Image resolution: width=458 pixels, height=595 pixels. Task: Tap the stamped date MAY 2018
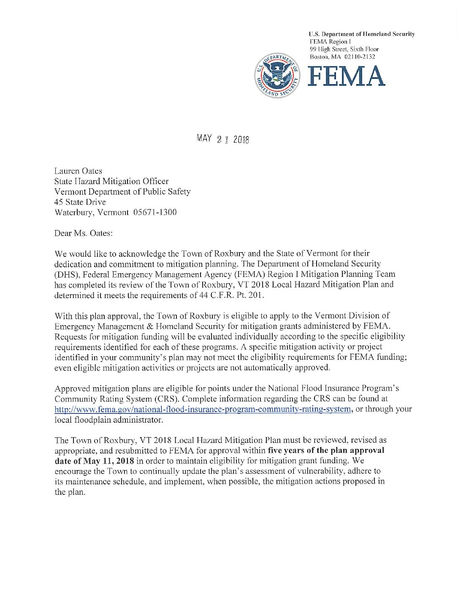222,139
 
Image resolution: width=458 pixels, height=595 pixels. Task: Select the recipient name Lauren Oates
78,171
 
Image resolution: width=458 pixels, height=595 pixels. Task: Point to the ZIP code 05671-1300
154,212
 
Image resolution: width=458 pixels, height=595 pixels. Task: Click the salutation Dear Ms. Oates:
84,233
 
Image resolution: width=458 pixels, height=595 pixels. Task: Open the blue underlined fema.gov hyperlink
203,409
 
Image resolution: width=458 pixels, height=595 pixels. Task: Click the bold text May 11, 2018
108,461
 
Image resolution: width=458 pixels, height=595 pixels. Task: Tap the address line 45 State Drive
80,202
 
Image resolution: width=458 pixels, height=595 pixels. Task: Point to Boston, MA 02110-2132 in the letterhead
342,57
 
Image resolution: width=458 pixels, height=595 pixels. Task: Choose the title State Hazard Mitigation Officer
111,181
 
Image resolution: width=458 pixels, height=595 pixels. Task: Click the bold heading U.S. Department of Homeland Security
361,34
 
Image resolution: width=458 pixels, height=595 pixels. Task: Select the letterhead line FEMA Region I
330,41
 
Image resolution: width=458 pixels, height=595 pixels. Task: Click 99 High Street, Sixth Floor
344,49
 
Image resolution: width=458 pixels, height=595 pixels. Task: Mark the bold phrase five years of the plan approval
326,450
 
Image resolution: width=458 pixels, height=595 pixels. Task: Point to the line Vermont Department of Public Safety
122,192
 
